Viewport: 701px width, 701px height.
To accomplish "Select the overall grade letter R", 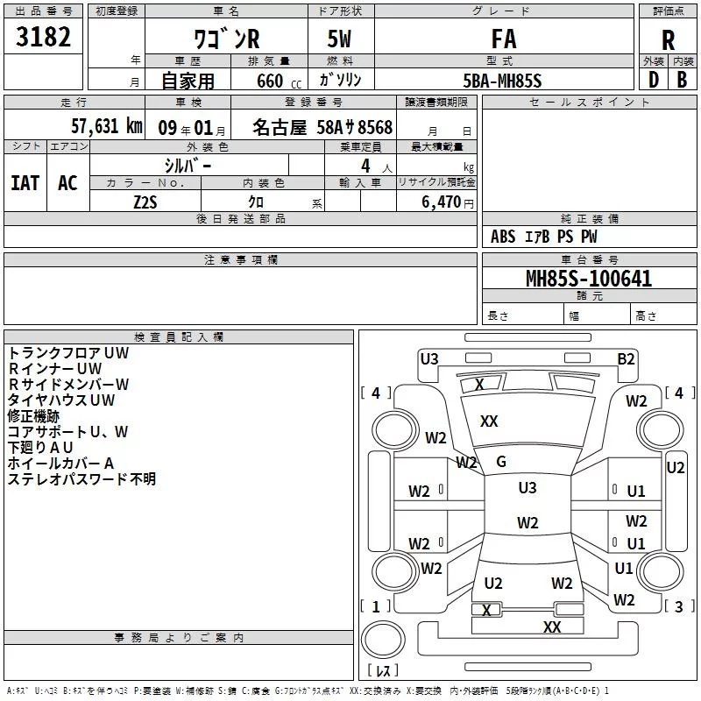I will [x=668, y=39].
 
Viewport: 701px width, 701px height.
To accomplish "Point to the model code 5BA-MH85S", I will [x=502, y=81].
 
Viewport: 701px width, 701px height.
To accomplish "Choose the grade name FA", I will [x=503, y=39].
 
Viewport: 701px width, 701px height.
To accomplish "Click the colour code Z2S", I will [x=145, y=201].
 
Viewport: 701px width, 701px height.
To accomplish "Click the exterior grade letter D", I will [x=652, y=81].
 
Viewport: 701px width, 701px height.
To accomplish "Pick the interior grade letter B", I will [x=682, y=81].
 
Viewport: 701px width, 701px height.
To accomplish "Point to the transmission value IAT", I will [x=25, y=182].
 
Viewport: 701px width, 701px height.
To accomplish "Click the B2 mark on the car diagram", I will [x=626, y=358].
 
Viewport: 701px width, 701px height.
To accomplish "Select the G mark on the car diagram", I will [x=501, y=462].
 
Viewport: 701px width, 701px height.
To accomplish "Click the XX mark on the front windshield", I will [x=489, y=421].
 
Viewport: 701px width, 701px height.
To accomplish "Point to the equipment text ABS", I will [x=503, y=237].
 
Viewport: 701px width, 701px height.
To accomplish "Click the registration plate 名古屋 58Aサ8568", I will [x=322, y=127].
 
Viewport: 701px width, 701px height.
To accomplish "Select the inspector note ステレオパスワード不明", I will [x=81, y=478].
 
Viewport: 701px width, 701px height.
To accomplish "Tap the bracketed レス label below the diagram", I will [x=382, y=671].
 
